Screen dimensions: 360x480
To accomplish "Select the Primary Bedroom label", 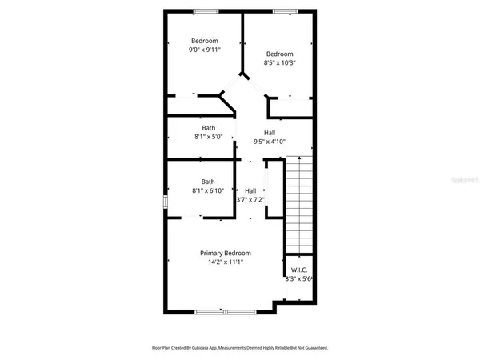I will [226, 253].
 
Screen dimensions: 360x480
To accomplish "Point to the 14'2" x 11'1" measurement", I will [226, 262].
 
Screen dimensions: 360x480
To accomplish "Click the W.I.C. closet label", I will [300, 270].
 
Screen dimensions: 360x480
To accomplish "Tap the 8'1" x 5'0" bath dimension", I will [208, 138].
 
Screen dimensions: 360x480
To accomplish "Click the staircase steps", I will [298, 204].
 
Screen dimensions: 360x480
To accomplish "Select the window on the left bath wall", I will [166, 203].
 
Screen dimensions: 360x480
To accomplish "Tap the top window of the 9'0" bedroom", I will [205, 10].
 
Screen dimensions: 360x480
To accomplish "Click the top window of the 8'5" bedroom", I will [283, 10].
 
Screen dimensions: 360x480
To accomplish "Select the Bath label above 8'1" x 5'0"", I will [208, 128].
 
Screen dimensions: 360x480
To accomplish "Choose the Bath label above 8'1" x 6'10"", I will [208, 182].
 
